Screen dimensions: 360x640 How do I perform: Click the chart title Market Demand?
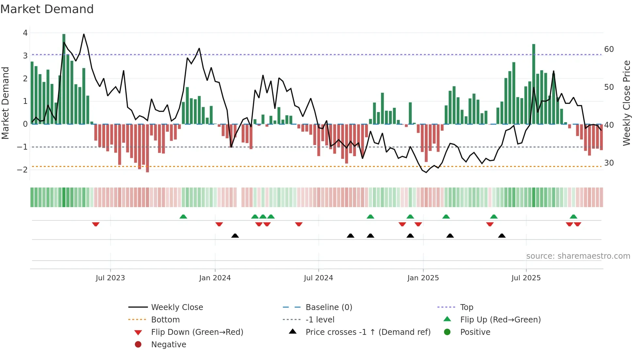click(47, 9)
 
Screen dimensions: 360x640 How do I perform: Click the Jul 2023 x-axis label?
click(110, 278)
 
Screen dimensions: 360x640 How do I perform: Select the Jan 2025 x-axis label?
click(423, 278)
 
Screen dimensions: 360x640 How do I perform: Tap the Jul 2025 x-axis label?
click(526, 278)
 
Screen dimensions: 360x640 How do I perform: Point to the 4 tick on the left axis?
click(25, 33)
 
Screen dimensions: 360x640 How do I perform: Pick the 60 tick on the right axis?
click(609, 49)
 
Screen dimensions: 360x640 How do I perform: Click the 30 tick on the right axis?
click(609, 163)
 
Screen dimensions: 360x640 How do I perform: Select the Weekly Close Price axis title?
click(626, 103)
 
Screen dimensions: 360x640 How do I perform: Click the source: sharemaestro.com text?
click(578, 256)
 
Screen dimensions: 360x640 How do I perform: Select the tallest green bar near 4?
click(64, 78)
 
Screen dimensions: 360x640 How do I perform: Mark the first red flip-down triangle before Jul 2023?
click(96, 224)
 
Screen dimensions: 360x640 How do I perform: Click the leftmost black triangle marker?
click(235, 236)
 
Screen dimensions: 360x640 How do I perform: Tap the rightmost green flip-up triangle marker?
click(573, 217)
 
